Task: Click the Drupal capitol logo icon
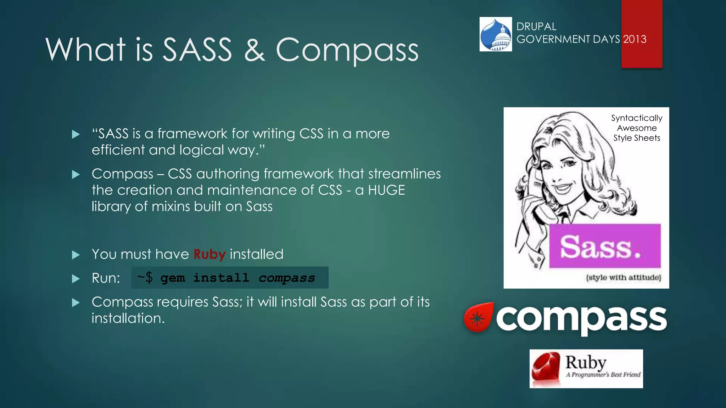[x=496, y=34]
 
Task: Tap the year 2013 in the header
[x=635, y=39]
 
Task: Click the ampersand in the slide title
[x=254, y=49]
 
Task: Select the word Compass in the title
[x=347, y=50]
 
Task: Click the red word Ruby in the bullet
[x=209, y=254]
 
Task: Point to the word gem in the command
[x=173, y=278]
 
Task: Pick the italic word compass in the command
[x=286, y=278]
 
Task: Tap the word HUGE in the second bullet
[x=386, y=190]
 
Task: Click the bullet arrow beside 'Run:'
[x=76, y=279]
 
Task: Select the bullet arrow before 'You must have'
[x=76, y=255]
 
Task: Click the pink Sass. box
[x=605, y=246]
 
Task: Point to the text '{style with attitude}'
[x=623, y=277]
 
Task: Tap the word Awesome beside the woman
[x=637, y=128]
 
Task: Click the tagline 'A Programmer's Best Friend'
[x=603, y=375]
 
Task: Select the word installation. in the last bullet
[x=128, y=318]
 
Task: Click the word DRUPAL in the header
[x=536, y=27]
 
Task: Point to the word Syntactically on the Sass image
[x=636, y=118]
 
